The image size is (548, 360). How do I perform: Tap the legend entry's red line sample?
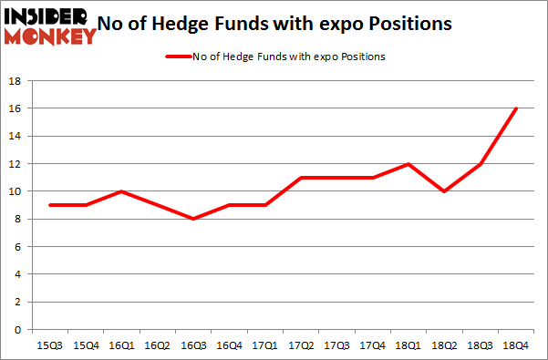tap(175, 57)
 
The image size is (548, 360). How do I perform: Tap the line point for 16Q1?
tap(120, 191)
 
